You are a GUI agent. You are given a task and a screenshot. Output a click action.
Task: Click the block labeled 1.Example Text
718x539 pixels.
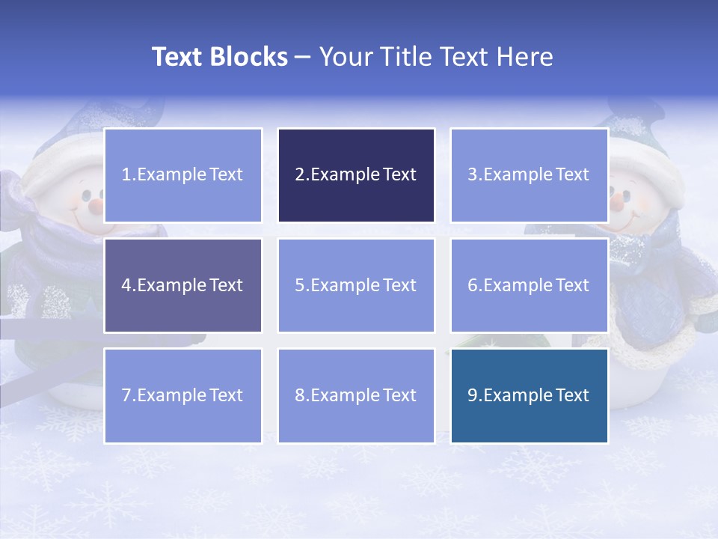(x=182, y=175)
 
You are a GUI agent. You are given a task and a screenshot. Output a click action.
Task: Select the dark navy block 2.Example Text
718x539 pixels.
(x=356, y=175)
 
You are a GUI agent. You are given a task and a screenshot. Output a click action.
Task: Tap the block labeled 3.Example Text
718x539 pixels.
(x=529, y=175)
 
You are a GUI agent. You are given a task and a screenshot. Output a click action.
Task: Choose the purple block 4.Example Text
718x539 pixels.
(x=182, y=285)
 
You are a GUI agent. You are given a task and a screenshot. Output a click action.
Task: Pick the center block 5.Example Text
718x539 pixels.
(x=356, y=285)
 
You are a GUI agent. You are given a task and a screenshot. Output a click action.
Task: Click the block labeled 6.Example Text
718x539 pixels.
(x=529, y=285)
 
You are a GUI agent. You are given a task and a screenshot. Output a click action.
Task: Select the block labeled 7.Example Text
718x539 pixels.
(x=182, y=395)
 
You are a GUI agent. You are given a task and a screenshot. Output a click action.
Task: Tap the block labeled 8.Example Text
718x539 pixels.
(x=356, y=395)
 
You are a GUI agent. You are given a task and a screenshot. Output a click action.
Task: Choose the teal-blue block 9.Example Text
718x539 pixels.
(x=529, y=395)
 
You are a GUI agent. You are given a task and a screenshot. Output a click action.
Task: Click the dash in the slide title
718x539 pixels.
(x=303, y=58)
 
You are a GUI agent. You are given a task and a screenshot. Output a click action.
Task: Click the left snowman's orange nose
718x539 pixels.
(x=95, y=203)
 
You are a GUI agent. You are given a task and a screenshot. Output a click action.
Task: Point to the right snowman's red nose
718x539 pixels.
(x=616, y=201)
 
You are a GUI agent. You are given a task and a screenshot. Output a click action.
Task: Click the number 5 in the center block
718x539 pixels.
(x=299, y=285)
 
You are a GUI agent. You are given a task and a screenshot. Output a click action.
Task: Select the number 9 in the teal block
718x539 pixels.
(x=472, y=395)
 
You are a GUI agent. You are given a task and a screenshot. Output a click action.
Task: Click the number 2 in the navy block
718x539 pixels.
(x=299, y=175)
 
